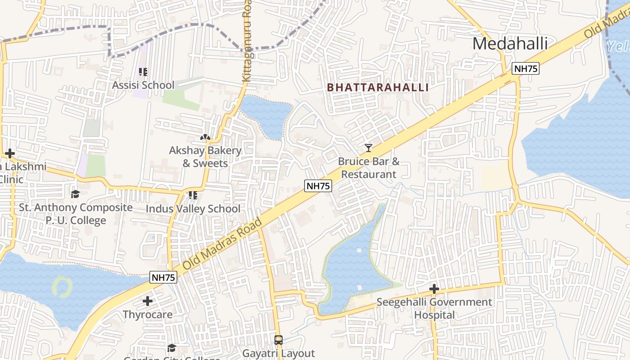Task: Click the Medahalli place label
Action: click(510, 44)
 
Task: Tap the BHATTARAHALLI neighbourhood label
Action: click(378, 87)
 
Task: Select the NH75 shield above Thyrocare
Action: click(163, 278)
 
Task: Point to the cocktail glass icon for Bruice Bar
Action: click(369, 148)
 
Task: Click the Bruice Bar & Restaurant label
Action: click(369, 168)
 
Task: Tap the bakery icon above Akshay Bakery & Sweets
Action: click(205, 137)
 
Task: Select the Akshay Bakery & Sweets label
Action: click(205, 157)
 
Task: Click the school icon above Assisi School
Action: click(143, 72)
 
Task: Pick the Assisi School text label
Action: click(143, 85)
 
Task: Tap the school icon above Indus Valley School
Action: click(193, 195)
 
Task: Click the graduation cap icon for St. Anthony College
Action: click(75, 194)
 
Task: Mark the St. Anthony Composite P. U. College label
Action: click(76, 214)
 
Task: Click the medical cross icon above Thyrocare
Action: click(147, 301)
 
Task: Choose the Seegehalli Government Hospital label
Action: click(434, 308)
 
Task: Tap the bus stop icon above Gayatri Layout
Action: click(279, 340)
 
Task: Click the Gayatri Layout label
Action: click(279, 353)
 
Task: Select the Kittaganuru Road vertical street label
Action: click(246, 40)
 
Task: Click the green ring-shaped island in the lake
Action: click(63, 287)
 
